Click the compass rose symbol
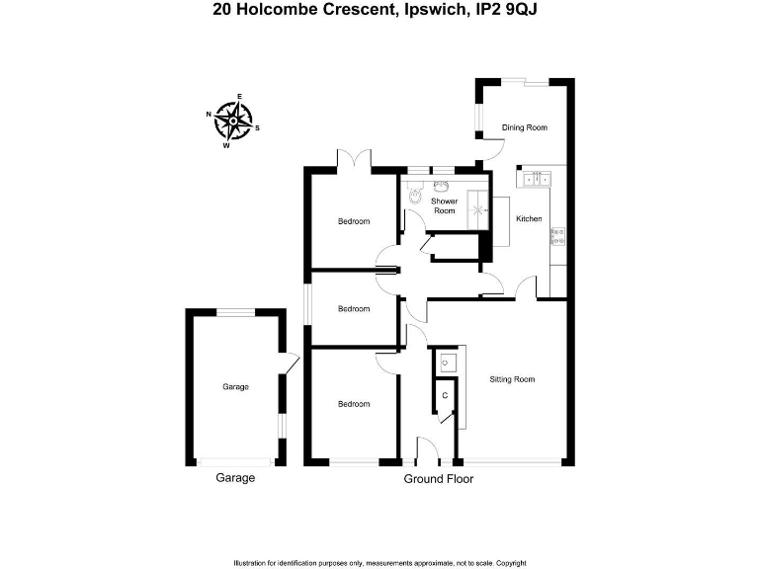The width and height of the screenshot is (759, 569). tap(233, 122)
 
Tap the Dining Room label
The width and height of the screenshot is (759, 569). tap(524, 127)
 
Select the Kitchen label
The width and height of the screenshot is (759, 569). tap(529, 218)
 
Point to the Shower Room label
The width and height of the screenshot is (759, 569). tap(444, 205)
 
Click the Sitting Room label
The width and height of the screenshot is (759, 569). tap(512, 378)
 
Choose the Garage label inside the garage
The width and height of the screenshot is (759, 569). tap(235, 386)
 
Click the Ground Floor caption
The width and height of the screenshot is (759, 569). tap(439, 479)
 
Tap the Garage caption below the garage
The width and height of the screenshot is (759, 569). tap(235, 478)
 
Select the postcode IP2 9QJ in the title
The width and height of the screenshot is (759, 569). tap(509, 10)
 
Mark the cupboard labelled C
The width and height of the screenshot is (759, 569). tap(445, 395)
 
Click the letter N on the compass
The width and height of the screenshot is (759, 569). tap(209, 114)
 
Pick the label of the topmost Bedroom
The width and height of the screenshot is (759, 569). tap(354, 221)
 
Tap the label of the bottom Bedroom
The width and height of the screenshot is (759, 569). tap(354, 403)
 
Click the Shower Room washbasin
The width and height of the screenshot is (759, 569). tap(442, 186)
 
